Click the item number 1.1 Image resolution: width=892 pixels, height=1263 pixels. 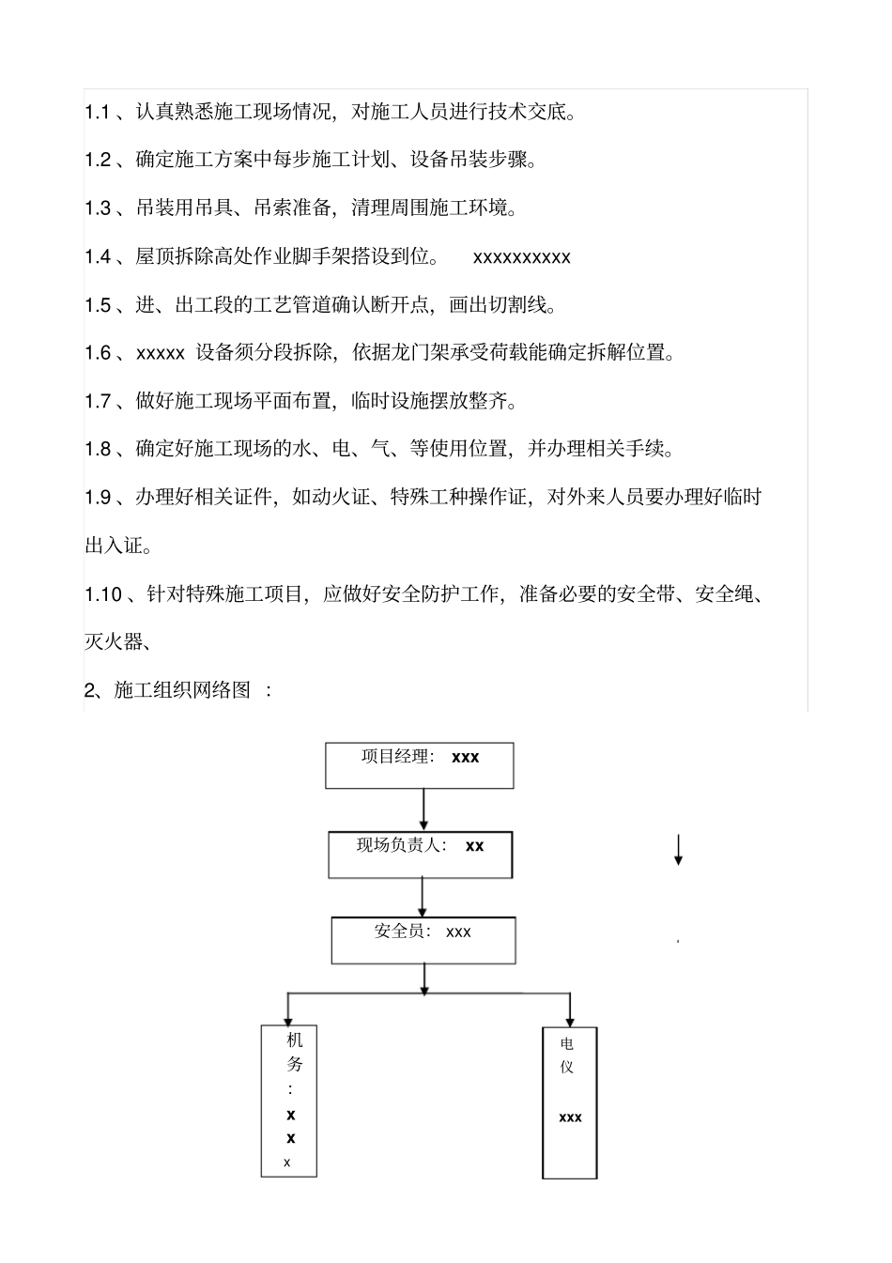98,113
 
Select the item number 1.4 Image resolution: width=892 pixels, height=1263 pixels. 98,257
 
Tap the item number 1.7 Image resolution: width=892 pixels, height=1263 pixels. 98,402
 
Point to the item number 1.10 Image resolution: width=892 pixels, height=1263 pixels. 103,594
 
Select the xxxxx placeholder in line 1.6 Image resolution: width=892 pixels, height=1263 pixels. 161,354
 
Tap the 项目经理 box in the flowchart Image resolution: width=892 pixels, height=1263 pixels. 420,765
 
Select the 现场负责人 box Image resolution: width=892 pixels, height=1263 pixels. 421,854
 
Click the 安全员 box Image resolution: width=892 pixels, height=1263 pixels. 423,940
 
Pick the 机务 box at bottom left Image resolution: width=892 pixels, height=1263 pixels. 289,1101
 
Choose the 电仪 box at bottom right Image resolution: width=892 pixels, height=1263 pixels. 570,1102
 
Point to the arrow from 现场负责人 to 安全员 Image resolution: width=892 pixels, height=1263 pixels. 423,898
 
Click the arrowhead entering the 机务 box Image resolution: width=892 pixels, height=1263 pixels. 289,1019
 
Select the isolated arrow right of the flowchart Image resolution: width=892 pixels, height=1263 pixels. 678,849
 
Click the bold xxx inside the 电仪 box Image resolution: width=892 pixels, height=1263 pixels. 570,1117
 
